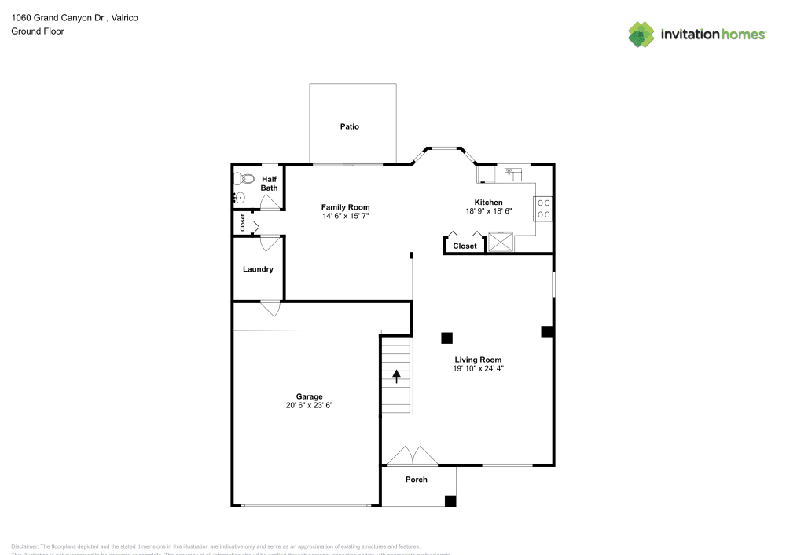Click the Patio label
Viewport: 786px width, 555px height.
[x=350, y=126]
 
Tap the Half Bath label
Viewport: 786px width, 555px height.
[x=269, y=184]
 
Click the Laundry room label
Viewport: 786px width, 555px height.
[x=258, y=269]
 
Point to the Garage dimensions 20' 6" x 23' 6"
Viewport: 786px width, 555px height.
[x=309, y=406]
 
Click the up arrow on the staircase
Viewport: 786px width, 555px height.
[x=397, y=375]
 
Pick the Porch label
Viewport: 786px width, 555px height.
[x=417, y=480]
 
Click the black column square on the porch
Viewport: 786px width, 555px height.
[x=450, y=501]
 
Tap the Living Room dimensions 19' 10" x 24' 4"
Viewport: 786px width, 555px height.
[x=477, y=368]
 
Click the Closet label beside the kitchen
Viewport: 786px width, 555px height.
[x=465, y=246]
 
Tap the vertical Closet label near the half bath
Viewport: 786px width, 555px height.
[x=243, y=223]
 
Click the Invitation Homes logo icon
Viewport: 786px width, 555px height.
[x=641, y=34]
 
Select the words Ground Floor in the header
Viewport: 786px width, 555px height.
[x=38, y=31]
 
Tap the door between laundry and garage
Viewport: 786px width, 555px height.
[x=271, y=309]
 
